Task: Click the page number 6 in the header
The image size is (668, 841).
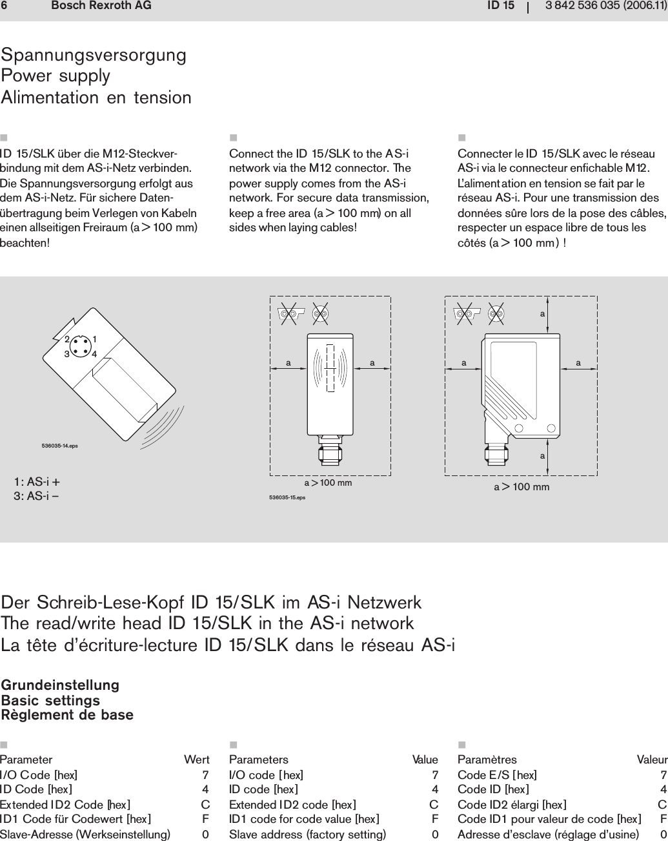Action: coord(4,6)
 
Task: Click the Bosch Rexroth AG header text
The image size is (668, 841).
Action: coord(101,6)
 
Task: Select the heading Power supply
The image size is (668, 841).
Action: coord(56,76)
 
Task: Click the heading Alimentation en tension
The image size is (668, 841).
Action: coord(97,98)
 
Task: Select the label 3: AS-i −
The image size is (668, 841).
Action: coord(37,496)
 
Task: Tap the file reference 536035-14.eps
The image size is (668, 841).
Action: coord(60,446)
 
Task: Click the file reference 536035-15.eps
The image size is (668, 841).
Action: coord(287,498)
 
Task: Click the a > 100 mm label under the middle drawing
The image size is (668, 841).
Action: coord(328,483)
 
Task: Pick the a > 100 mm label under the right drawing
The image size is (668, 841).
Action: coord(521,487)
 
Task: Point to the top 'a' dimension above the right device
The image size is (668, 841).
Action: coord(542,313)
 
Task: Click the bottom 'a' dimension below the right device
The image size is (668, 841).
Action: coord(542,456)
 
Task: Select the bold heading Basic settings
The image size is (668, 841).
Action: coord(51,700)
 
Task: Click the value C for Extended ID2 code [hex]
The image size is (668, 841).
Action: coord(434,805)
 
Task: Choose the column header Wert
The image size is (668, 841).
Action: coord(196,760)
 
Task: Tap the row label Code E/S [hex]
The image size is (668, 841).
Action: coord(497,774)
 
